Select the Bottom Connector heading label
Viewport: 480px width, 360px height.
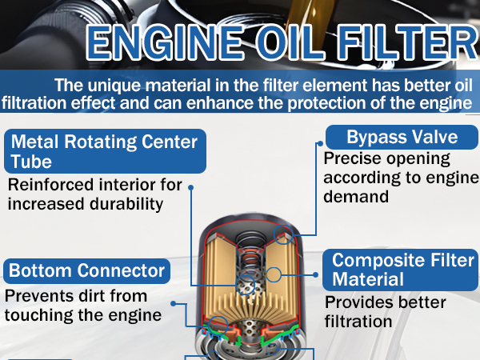(86, 270)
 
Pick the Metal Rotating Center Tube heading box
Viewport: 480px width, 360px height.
(103, 152)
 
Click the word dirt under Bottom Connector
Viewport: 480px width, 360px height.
(94, 295)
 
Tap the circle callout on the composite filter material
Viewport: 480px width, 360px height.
(274, 275)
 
